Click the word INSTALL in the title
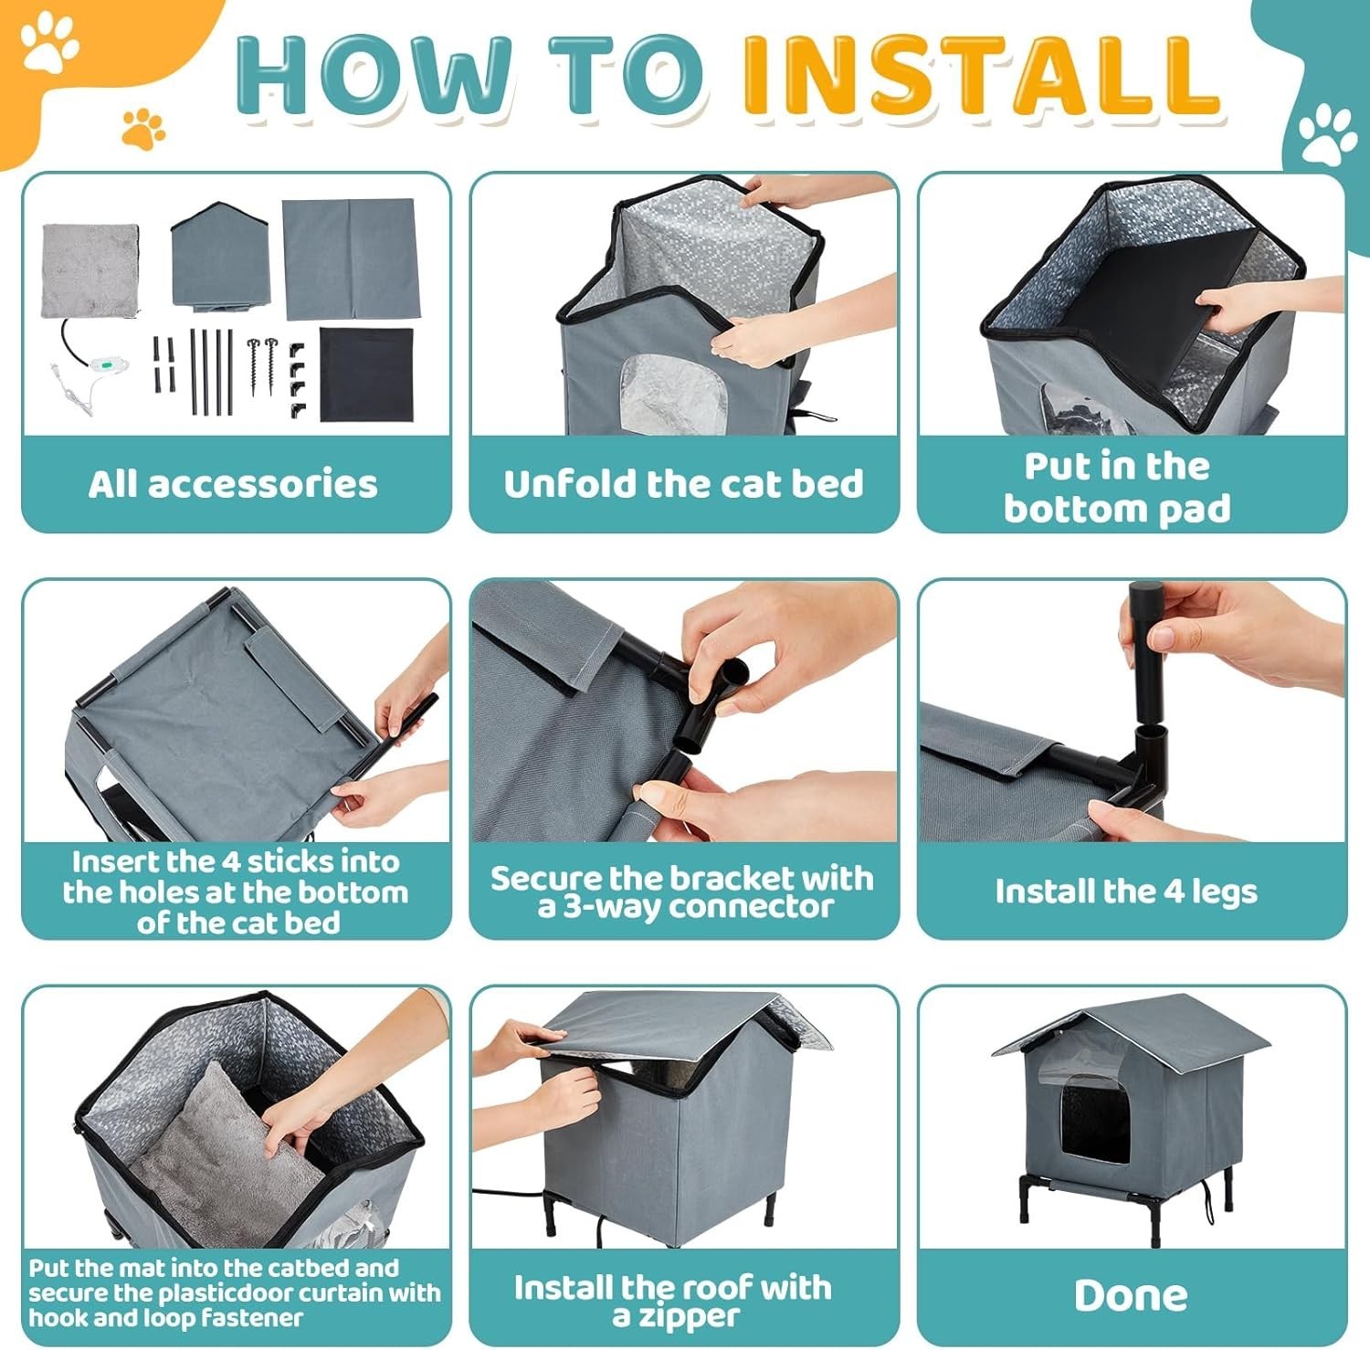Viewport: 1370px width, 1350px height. tap(981, 75)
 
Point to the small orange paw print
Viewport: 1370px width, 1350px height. tap(143, 129)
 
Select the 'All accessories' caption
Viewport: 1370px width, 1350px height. tap(233, 484)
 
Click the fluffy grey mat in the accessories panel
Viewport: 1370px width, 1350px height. tap(90, 271)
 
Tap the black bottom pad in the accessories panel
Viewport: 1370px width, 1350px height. tap(366, 374)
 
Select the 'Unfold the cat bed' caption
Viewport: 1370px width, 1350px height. tap(683, 484)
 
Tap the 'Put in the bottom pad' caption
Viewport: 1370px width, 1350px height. tap(1117, 487)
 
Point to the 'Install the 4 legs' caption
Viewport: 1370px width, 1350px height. tap(1126, 891)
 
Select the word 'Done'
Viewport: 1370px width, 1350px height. tap(1131, 1295)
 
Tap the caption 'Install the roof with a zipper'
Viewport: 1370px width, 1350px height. tap(674, 1301)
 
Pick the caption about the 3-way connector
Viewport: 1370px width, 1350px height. tap(682, 891)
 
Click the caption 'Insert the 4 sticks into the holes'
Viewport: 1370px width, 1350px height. tap(237, 891)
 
